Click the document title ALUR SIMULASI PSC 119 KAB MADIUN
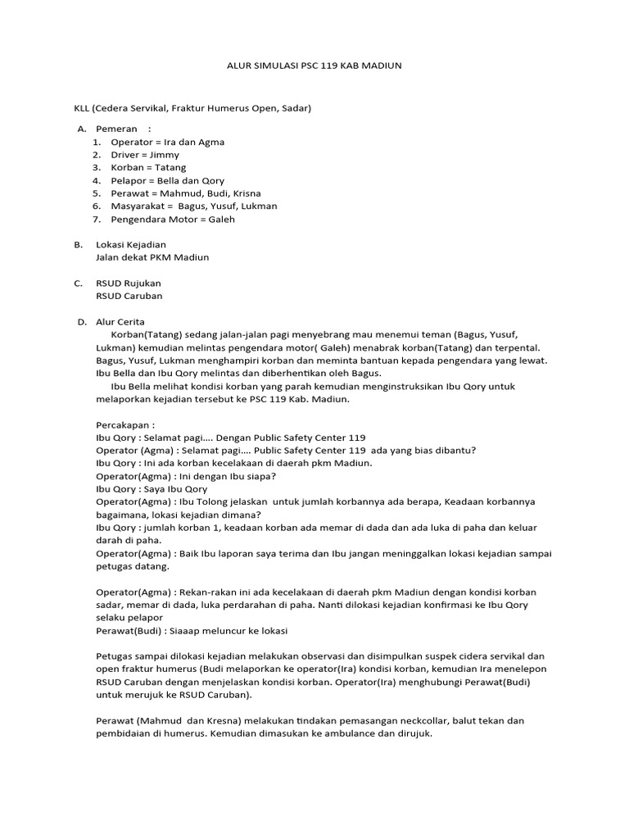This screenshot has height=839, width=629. (x=314, y=66)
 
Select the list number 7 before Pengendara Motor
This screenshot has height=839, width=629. (x=96, y=220)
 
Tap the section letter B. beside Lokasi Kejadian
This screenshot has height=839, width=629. (x=79, y=245)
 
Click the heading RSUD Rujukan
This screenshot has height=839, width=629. (x=129, y=283)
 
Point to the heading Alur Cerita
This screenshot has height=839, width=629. (x=120, y=322)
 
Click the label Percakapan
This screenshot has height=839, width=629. (x=124, y=425)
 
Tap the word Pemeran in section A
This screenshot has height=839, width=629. (x=116, y=129)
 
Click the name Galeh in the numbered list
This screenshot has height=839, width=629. (x=222, y=220)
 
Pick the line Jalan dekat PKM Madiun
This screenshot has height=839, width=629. (x=152, y=257)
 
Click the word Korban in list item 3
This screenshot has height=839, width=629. (x=128, y=168)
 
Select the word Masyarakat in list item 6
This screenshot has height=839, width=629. (x=138, y=206)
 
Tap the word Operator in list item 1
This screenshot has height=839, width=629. (x=132, y=143)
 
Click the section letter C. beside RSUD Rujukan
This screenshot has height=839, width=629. (x=79, y=283)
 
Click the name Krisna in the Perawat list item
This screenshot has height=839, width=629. (x=247, y=193)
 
